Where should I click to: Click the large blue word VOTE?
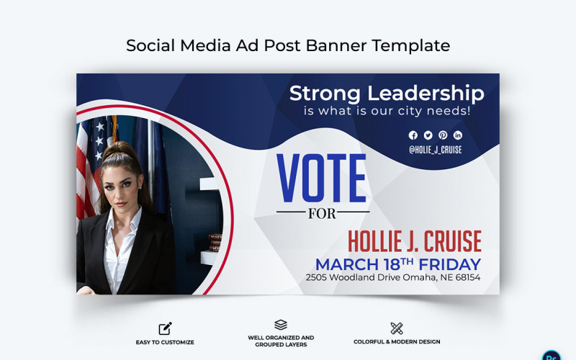tap(321, 179)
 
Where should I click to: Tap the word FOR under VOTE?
tap(321, 213)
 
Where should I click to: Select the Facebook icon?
tap(413, 135)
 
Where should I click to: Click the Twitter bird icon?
tap(428, 135)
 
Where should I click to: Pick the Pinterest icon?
tap(443, 135)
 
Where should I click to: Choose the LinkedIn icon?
tap(458, 135)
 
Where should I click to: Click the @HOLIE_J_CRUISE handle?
tap(436, 150)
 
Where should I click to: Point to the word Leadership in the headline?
tap(426, 94)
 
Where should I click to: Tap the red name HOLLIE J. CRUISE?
tap(415, 242)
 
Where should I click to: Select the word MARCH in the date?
tap(348, 264)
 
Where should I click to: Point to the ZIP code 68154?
tap(466, 277)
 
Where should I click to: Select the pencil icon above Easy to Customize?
tap(165, 328)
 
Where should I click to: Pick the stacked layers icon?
tap(281, 325)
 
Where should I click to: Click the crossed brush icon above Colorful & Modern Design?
tap(397, 328)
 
